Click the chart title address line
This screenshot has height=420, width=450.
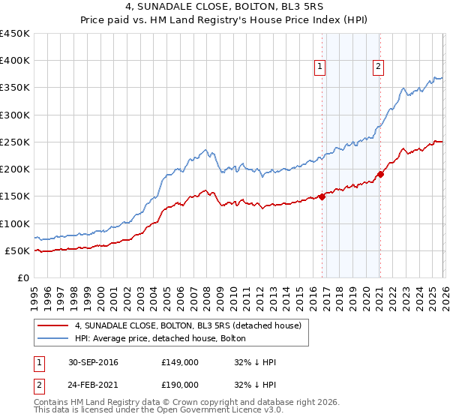(225, 7)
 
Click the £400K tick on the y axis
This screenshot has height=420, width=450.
(15, 61)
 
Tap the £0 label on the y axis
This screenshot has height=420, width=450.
(22, 277)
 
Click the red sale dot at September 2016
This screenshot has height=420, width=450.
(322, 197)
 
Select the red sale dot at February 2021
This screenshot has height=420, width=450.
(380, 175)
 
